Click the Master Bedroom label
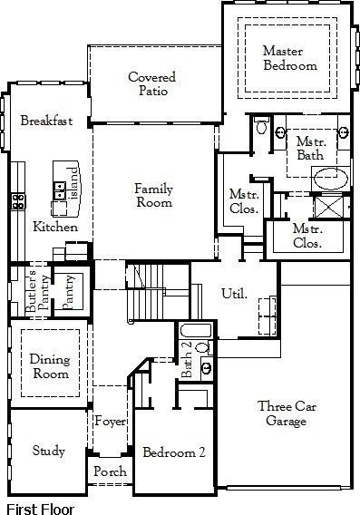[289, 58]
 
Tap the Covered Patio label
[151, 84]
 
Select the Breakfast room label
[45, 121]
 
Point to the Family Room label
[154, 196]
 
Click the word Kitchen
[55, 227]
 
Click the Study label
[48, 451]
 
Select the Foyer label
[110, 421]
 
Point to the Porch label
[110, 472]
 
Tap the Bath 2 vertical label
[186, 360]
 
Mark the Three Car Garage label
[286, 413]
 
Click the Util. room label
[234, 294]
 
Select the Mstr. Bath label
[310, 149]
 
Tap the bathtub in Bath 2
[195, 330]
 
